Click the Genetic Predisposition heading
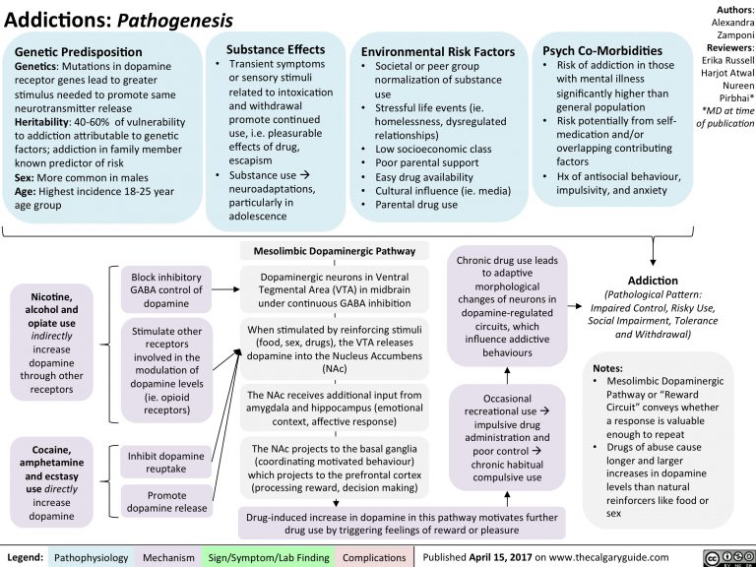point(79,51)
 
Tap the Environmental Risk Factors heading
point(438,51)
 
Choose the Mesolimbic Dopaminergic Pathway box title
point(335,250)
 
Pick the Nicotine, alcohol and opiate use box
point(50,341)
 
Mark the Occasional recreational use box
point(508,437)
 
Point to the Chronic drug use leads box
point(508,305)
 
